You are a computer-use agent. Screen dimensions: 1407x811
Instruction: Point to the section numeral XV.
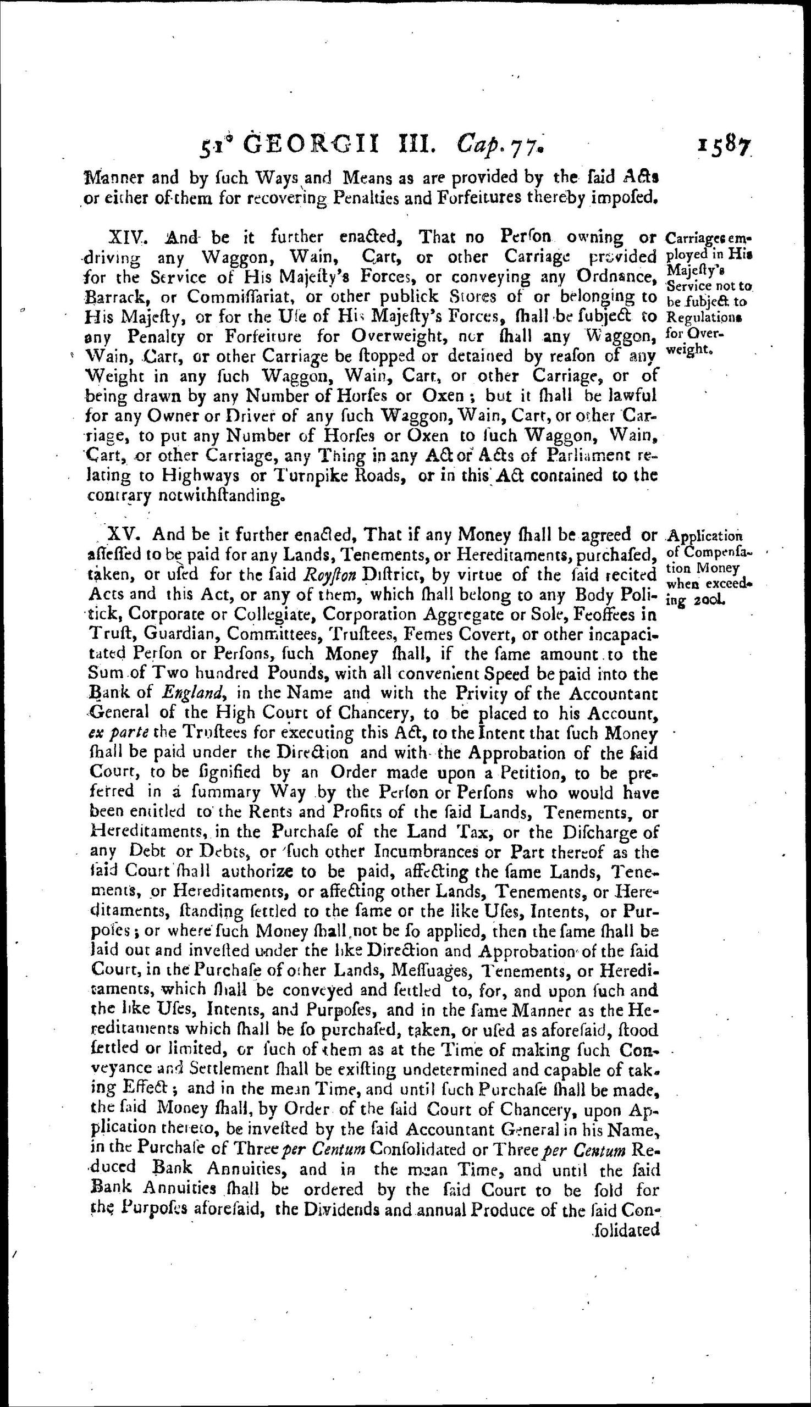[x=126, y=535]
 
